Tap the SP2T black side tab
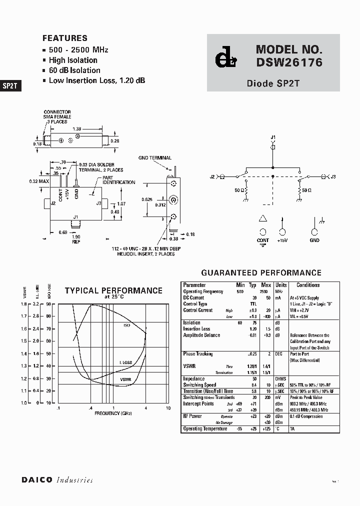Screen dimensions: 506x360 pyautogui.click(x=10, y=85)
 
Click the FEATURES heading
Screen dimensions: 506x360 pyautogui.click(x=65, y=38)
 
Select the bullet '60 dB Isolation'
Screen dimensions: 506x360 pyautogui.click(x=74, y=70)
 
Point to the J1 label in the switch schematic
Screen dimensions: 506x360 pyautogui.click(x=273, y=137)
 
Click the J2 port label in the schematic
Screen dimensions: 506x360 pyautogui.click(x=212, y=176)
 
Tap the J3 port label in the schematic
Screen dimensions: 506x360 pyautogui.click(x=333, y=176)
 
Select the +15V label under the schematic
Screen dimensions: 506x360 pyautogui.click(x=282, y=240)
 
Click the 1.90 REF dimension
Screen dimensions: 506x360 pyautogui.click(x=75, y=238)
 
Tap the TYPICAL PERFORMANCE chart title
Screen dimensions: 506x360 pyautogui.click(x=113, y=290)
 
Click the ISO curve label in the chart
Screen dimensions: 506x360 pyautogui.click(x=126, y=325)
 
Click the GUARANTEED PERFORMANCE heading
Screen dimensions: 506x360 pyautogui.click(x=261, y=273)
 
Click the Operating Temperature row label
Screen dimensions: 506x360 pyautogui.click(x=205, y=428)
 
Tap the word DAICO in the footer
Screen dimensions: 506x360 pyautogui.click(x=36, y=480)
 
